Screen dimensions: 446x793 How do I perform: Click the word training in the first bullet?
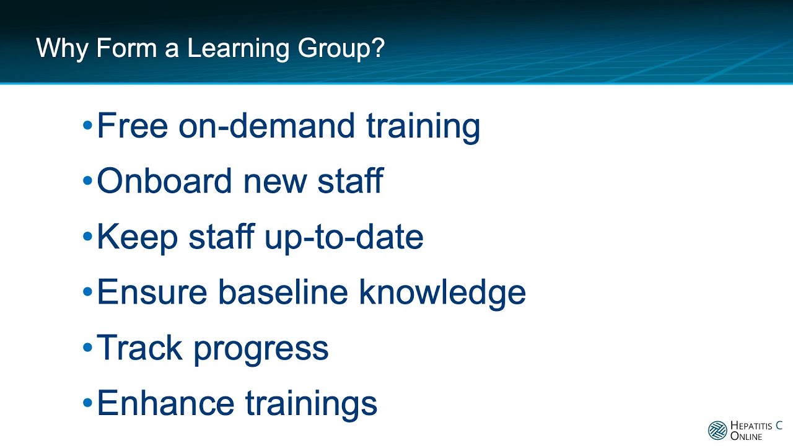click(423, 126)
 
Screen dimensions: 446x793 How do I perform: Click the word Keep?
click(137, 237)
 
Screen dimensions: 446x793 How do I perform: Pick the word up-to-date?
click(344, 237)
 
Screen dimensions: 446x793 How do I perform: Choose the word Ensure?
click(151, 292)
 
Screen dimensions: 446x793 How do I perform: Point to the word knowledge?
click(443, 292)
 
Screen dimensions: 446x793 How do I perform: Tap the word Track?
click(139, 348)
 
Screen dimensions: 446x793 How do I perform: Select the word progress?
click(261, 349)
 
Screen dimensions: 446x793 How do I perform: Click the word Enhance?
click(165, 403)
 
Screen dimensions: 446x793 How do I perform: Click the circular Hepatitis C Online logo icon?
click(717, 430)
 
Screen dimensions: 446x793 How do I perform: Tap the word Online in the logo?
click(747, 436)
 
